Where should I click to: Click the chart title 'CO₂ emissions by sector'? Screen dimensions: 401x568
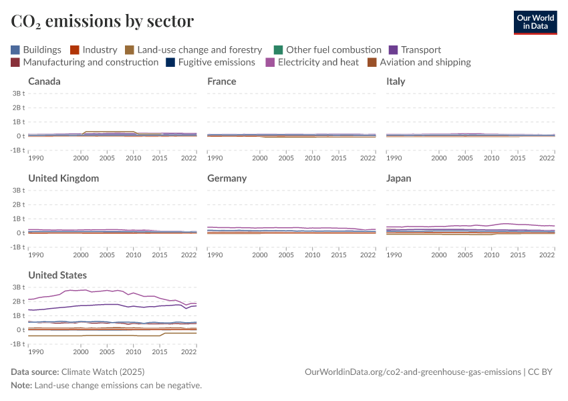pos(102,21)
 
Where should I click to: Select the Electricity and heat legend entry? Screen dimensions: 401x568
pos(311,62)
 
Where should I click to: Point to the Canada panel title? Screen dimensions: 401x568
pos(44,82)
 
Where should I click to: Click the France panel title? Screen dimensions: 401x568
pos(221,82)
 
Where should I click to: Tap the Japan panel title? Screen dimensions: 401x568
pos(399,178)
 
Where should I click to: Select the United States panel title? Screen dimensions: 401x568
pos(57,275)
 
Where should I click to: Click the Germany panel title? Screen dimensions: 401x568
pos(227,178)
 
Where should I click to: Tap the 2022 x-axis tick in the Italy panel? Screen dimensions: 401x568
pos(547,158)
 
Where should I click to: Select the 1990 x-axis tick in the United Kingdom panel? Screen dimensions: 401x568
pos(36,255)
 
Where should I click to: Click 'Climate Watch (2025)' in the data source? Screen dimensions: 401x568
pos(103,372)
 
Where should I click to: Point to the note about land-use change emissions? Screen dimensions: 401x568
pos(106,386)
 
